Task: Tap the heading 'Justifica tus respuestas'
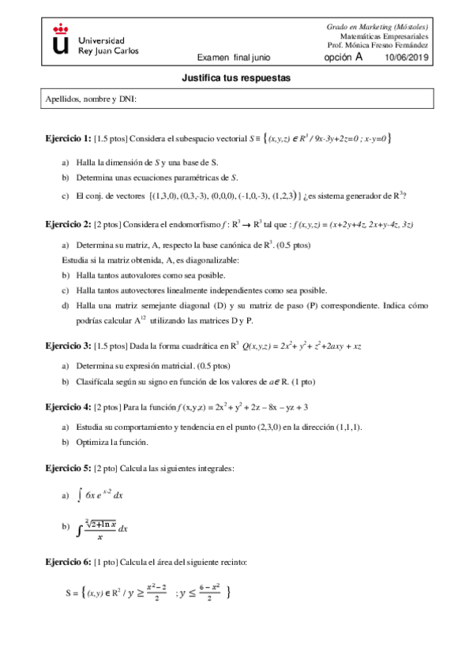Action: tap(236, 79)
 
